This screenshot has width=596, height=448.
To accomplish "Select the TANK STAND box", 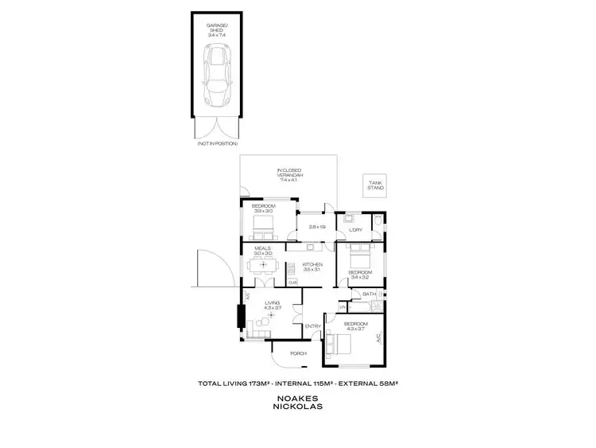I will pyautogui.click(x=373, y=185).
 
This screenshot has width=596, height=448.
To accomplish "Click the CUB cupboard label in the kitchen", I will pyautogui.click(x=292, y=282).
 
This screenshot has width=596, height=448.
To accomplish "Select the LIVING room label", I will pyautogui.click(x=273, y=302).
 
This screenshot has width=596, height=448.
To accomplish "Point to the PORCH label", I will pyautogui.click(x=298, y=353).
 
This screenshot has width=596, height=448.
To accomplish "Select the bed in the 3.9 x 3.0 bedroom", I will pyautogui.click(x=263, y=230).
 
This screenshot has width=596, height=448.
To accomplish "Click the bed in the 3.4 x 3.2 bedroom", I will pyautogui.click(x=359, y=259).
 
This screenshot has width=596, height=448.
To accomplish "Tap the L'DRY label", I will pyautogui.click(x=356, y=230).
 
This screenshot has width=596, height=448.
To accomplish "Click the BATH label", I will pyautogui.click(x=368, y=294).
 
